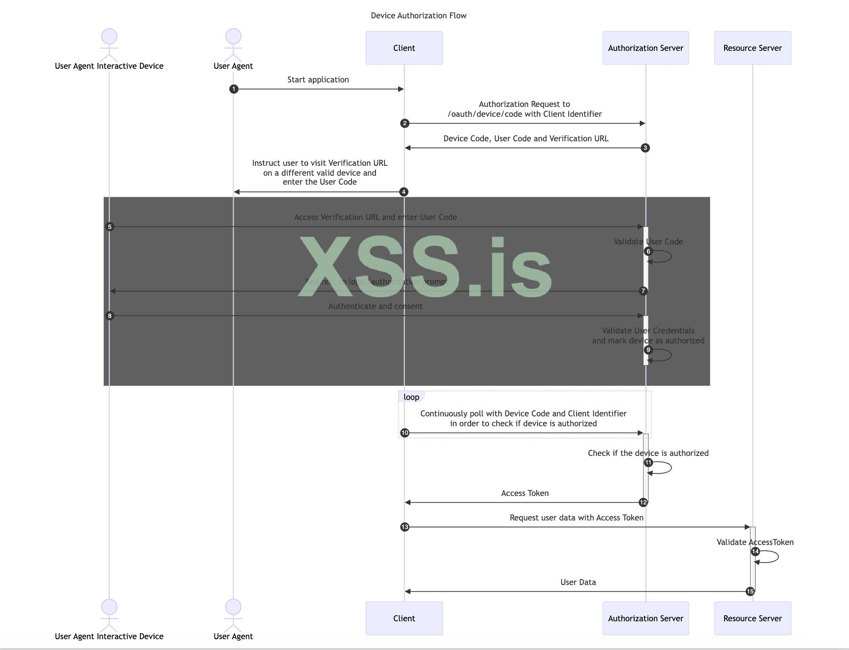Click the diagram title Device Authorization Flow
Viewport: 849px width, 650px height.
point(418,16)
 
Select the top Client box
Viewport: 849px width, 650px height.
point(404,48)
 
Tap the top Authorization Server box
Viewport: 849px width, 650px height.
point(645,48)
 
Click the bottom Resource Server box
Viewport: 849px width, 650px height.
point(752,618)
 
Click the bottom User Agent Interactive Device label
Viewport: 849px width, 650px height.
point(109,636)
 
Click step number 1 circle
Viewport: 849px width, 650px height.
point(234,89)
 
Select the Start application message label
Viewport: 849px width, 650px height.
point(318,80)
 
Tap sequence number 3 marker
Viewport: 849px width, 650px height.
point(645,148)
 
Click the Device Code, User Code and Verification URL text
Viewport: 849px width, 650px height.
point(526,138)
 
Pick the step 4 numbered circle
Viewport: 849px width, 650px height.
point(404,192)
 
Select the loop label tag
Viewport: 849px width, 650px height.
point(411,397)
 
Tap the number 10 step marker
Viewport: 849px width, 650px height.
point(405,433)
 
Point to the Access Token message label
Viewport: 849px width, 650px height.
point(525,493)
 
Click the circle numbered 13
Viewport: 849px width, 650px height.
point(405,527)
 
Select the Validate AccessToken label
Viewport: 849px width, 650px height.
point(755,542)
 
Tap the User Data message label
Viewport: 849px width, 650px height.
point(578,582)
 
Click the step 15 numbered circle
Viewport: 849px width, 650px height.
point(750,592)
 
